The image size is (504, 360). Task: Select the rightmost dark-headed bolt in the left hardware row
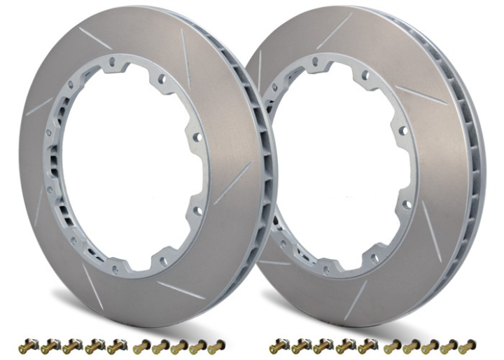pyautogui.click(x=116, y=345)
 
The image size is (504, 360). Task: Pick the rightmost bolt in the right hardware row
pyautogui.click(x=468, y=345)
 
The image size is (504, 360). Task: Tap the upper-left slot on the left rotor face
pyautogui.click(x=95, y=38)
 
